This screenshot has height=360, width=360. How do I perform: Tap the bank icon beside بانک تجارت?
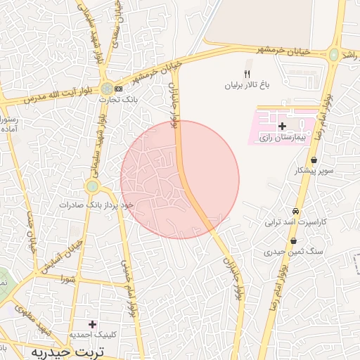[117, 89]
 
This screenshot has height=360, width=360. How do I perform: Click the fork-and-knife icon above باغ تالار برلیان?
[247, 74]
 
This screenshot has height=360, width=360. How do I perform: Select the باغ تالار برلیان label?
[247, 85]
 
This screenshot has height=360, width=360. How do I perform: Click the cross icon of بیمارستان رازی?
[283, 126]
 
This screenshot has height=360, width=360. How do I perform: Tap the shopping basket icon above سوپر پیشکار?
[313, 160]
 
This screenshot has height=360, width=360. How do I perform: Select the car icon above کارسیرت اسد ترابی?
[296, 211]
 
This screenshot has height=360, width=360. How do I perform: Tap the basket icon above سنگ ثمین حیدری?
[293, 241]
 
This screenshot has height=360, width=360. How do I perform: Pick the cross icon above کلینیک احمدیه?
[92, 323]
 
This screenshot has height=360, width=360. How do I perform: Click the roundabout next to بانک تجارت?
[106, 89]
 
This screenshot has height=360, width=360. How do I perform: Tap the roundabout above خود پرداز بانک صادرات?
[92, 186]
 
